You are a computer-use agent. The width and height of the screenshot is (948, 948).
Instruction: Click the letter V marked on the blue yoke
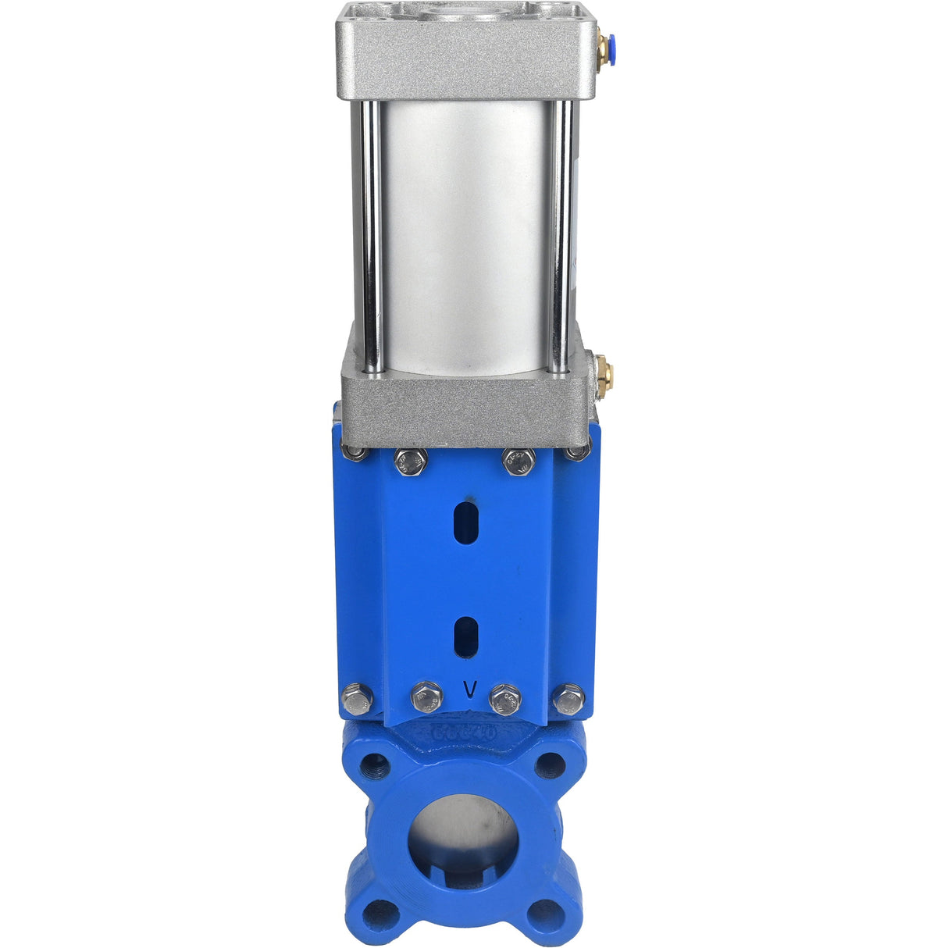(x=470, y=690)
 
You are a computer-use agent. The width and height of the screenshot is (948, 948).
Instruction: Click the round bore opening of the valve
(x=463, y=836)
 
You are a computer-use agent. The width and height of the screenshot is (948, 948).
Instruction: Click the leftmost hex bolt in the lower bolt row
(x=357, y=699)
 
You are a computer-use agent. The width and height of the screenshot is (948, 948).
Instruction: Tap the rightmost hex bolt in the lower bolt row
(x=568, y=699)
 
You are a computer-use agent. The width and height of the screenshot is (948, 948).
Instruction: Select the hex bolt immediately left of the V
(x=426, y=697)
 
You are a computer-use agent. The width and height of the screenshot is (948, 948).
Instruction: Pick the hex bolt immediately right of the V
(x=505, y=699)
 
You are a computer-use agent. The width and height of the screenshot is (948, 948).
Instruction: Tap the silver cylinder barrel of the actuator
(x=465, y=234)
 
